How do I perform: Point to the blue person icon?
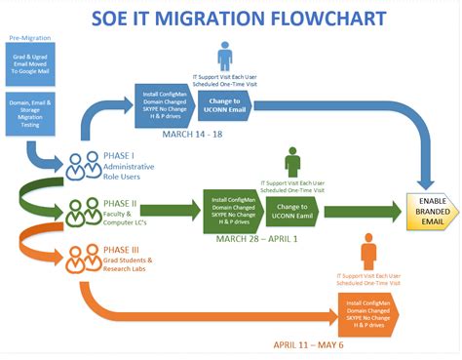(225, 55)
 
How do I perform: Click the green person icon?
(292, 161)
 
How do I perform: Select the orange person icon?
(368, 253)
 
